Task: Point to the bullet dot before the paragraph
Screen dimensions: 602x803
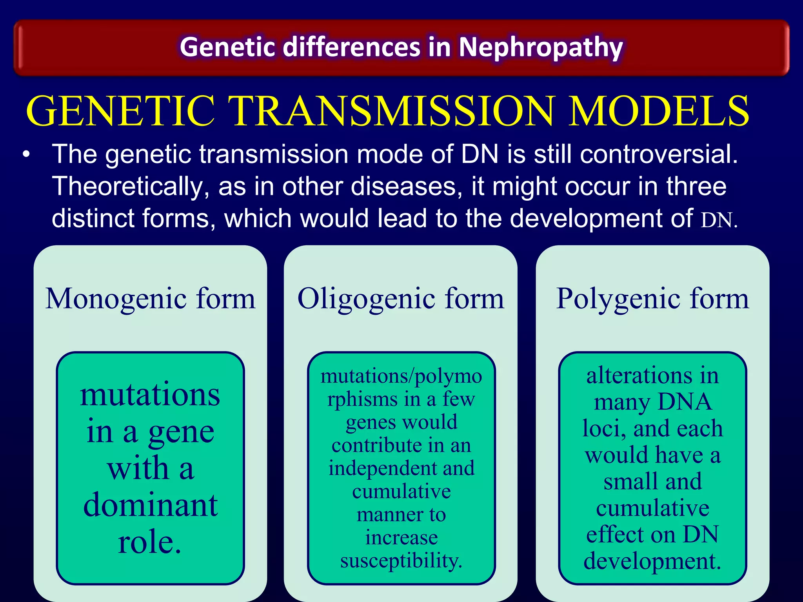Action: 26,154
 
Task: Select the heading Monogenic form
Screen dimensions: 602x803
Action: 150,299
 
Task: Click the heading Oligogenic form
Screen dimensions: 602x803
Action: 401,299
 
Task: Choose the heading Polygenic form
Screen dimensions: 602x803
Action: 652,299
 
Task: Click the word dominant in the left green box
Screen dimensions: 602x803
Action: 150,506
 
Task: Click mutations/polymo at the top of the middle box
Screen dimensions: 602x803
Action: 401,376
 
